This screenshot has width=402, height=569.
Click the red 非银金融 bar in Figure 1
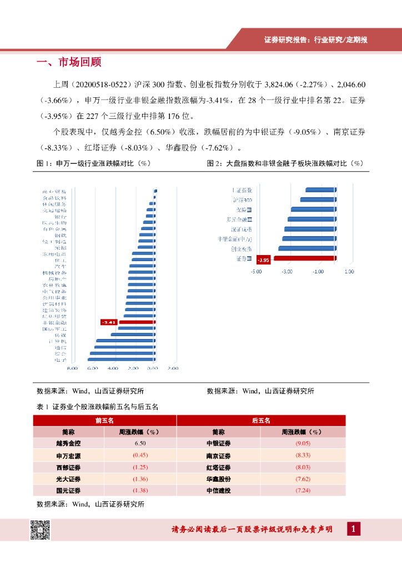pos(137,322)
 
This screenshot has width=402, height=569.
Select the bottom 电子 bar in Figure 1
pos(122,360)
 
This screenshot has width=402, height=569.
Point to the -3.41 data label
pos(108,322)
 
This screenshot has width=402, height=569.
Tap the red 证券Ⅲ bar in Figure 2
pos(305,258)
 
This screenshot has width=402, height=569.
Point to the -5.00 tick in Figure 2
pos(256,272)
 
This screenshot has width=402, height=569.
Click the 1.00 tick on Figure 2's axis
pos(349,272)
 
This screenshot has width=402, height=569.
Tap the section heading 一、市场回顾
pos(69,62)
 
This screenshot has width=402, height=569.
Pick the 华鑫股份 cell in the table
pos(218,479)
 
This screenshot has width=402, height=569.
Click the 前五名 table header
pos(104,421)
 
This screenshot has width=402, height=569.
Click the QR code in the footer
pos(39,530)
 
